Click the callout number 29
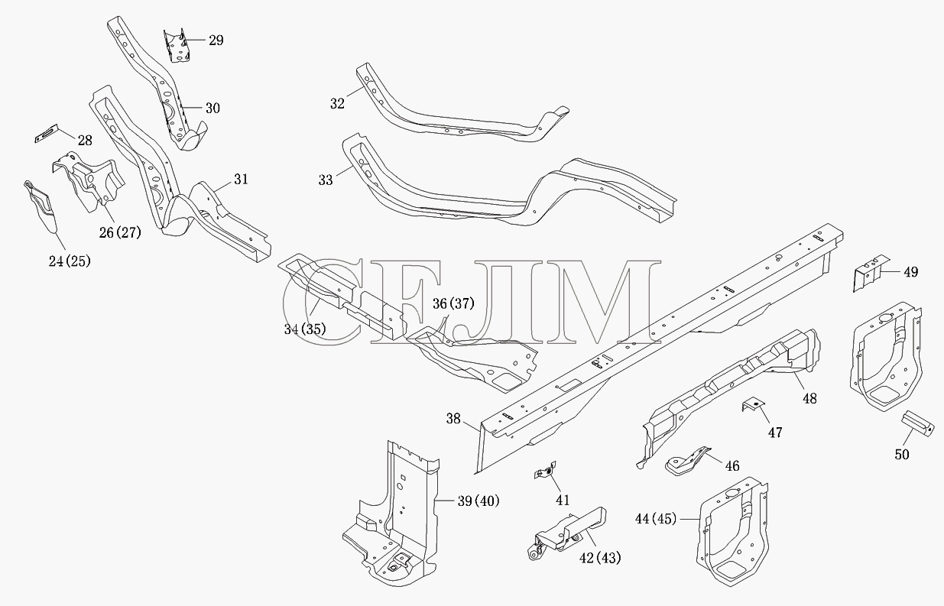click(x=216, y=41)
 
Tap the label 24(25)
click(x=70, y=261)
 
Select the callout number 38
click(x=453, y=419)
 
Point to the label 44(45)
click(x=656, y=519)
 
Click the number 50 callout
click(x=902, y=454)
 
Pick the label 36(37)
click(x=453, y=303)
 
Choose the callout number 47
click(x=775, y=433)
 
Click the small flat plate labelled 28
click(x=46, y=134)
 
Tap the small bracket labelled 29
click(x=177, y=46)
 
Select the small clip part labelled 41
click(x=545, y=470)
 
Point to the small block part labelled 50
click(x=917, y=424)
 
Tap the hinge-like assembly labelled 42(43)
click(x=567, y=533)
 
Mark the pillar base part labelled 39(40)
click(x=392, y=514)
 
